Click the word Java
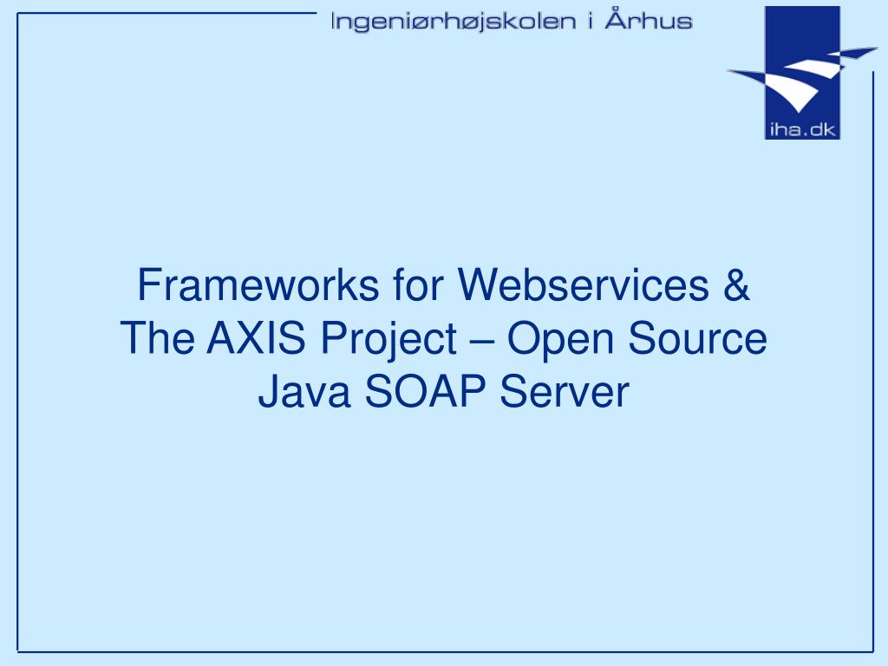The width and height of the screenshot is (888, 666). click(x=303, y=392)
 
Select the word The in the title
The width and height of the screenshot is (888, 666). click(x=158, y=338)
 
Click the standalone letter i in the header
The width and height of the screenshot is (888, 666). click(x=590, y=21)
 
